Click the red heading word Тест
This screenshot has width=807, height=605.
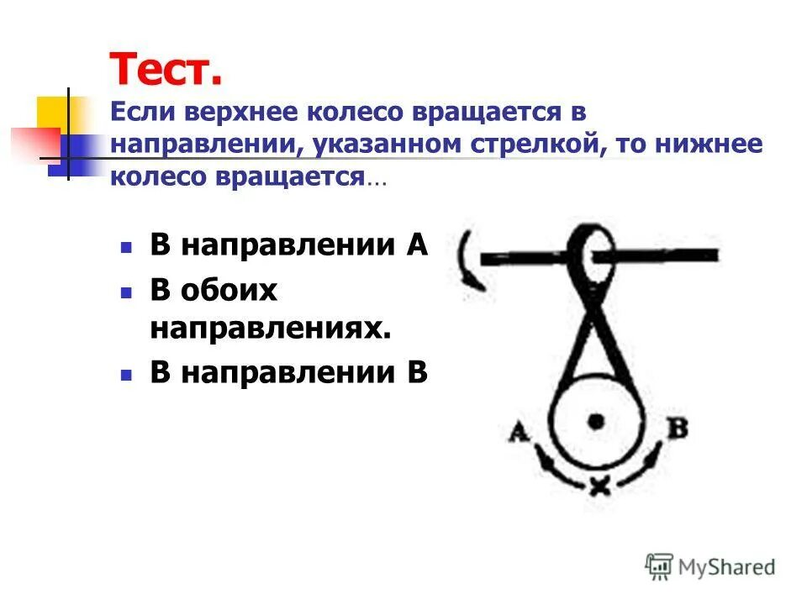tap(166, 69)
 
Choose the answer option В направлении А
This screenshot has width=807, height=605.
tap(289, 245)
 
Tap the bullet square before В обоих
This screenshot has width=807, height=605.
tap(126, 292)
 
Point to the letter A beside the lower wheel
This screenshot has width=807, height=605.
tap(519, 432)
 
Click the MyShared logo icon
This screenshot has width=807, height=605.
tap(659, 567)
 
